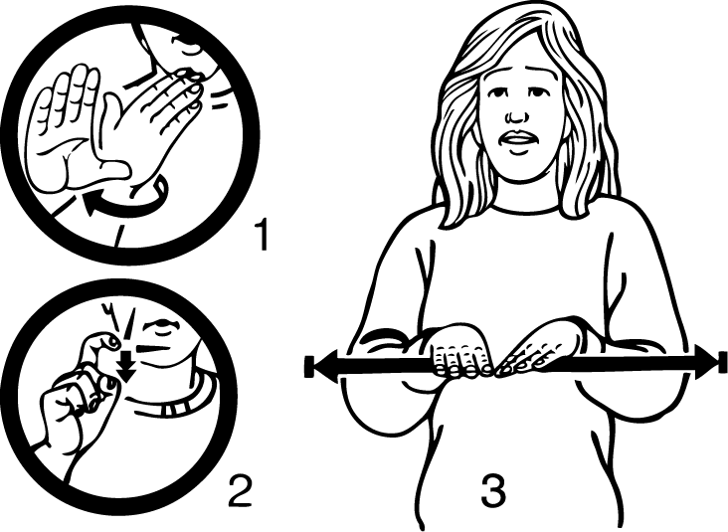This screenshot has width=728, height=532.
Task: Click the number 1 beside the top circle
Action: (x=263, y=235)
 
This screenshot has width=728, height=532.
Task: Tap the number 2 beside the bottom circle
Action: (x=240, y=490)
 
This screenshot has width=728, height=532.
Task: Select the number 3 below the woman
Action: (x=493, y=490)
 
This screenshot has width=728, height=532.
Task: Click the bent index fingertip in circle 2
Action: (x=111, y=342)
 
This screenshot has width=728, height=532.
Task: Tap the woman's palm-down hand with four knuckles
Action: (x=459, y=350)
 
